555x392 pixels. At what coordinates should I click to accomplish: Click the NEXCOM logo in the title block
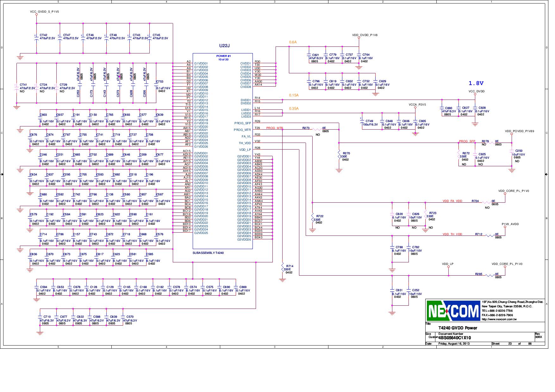453,311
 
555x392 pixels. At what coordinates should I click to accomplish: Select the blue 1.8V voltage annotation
476,83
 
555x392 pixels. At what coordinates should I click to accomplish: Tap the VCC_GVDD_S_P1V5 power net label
44,11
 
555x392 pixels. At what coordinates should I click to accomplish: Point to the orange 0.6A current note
293,42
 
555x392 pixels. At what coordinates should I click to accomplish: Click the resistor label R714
290,266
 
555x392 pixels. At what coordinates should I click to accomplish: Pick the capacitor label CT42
43,35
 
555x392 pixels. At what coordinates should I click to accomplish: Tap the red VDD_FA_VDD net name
452,201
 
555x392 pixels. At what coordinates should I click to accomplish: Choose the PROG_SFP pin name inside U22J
243,123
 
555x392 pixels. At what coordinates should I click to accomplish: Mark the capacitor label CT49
369,121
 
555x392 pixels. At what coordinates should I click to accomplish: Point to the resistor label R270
346,153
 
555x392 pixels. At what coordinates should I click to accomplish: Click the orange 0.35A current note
294,108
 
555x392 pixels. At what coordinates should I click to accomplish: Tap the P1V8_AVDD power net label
510,224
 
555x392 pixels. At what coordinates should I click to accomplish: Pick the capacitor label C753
160,82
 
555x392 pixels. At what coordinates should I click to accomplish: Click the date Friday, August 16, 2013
454,344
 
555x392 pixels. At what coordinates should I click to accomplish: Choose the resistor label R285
478,274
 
